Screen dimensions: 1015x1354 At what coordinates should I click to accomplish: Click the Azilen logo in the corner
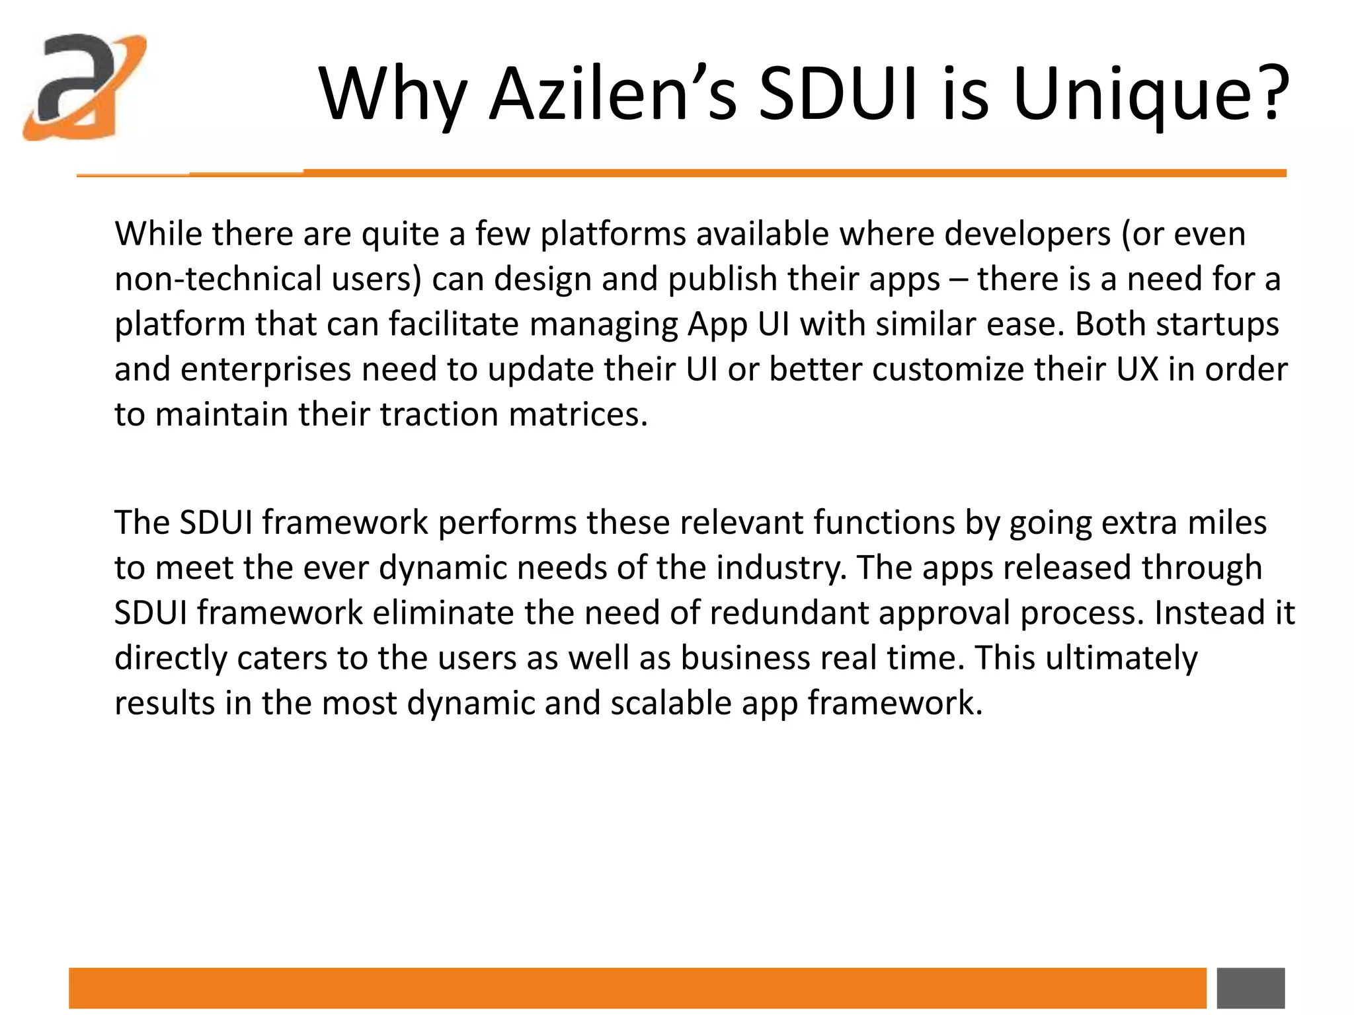click(x=84, y=87)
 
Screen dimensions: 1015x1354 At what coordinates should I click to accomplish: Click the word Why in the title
click(x=393, y=94)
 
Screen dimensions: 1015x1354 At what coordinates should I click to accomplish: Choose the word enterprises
click(x=266, y=369)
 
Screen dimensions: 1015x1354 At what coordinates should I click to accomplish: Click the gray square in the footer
click(x=1251, y=988)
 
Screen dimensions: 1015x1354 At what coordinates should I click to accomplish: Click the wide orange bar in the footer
click(x=637, y=988)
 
